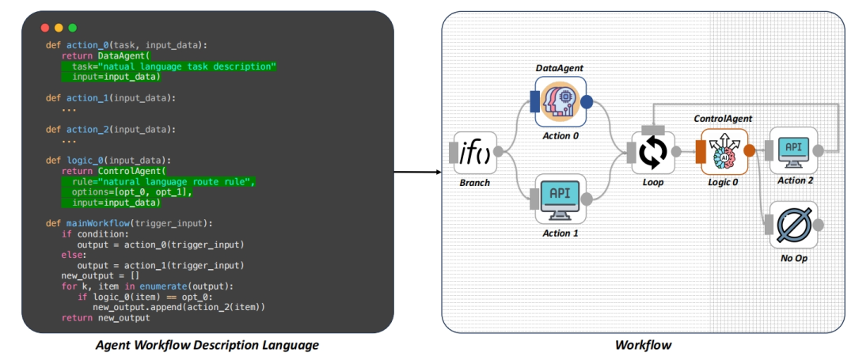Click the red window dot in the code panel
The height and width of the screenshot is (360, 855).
(x=45, y=28)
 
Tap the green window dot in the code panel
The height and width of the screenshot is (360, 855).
(x=72, y=28)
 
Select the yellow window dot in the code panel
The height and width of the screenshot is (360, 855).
(x=59, y=28)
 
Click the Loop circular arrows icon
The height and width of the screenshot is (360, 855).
(x=654, y=152)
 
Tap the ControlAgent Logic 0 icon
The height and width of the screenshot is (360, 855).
(x=724, y=151)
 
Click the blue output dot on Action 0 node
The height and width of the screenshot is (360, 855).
(x=587, y=102)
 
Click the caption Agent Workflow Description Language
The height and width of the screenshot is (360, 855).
(x=208, y=345)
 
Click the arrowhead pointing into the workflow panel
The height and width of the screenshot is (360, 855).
(x=436, y=172)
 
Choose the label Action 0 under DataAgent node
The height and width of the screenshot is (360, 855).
(x=560, y=135)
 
